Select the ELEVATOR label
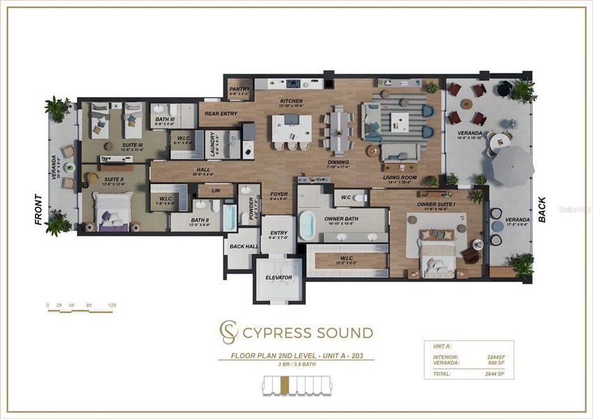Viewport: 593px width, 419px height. pos(279,278)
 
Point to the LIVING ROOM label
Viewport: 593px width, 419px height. pos(400,177)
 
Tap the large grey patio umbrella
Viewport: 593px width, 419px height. pos(512,166)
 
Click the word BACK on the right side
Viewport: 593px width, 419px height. pos(543,209)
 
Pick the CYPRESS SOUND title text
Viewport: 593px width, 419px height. pos(308,332)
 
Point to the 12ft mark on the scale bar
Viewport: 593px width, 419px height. pos(111,306)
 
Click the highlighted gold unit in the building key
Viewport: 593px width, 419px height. pos(284,385)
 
